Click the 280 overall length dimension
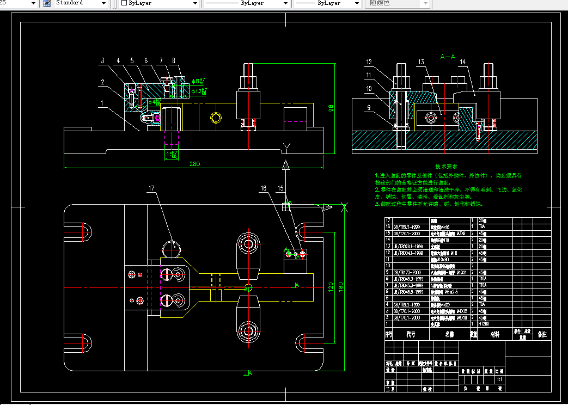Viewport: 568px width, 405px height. (194, 164)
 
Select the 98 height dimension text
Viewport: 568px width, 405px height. (330, 108)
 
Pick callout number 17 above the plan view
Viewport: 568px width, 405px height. (152, 188)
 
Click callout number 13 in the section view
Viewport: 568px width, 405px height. (422, 63)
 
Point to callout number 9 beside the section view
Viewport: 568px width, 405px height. (368, 108)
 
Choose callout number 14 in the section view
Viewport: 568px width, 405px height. (462, 63)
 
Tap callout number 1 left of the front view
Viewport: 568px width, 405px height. (101, 102)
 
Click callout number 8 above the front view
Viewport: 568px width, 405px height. (173, 60)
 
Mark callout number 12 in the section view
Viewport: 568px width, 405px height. (369, 62)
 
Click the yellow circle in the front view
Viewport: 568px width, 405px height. (216, 118)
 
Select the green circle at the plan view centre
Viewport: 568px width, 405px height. (248, 287)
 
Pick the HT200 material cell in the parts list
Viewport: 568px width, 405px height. (484, 323)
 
